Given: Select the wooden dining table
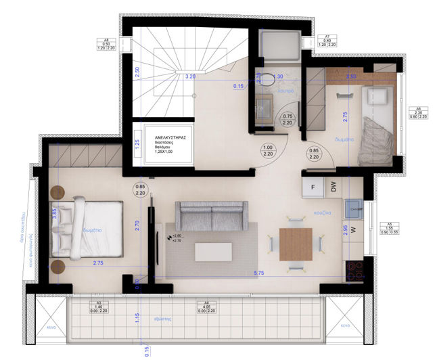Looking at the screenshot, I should click(x=296, y=244).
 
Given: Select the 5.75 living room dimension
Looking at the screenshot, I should click(x=258, y=273).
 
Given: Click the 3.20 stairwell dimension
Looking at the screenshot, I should click(x=190, y=77).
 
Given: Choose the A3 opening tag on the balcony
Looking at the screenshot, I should click(x=98, y=307).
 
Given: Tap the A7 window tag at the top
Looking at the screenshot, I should click(x=327, y=40).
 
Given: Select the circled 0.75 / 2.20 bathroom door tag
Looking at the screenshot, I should click(x=287, y=120).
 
